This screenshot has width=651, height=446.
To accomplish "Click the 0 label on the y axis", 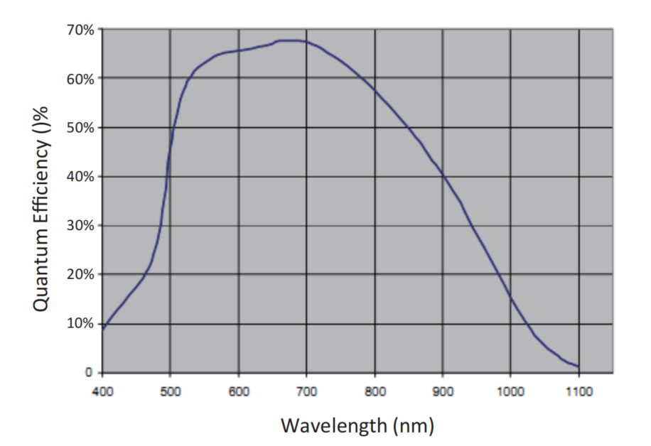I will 89,372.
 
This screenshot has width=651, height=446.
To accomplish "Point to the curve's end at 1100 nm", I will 579,366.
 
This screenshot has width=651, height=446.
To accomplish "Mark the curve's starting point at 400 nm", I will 103,329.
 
